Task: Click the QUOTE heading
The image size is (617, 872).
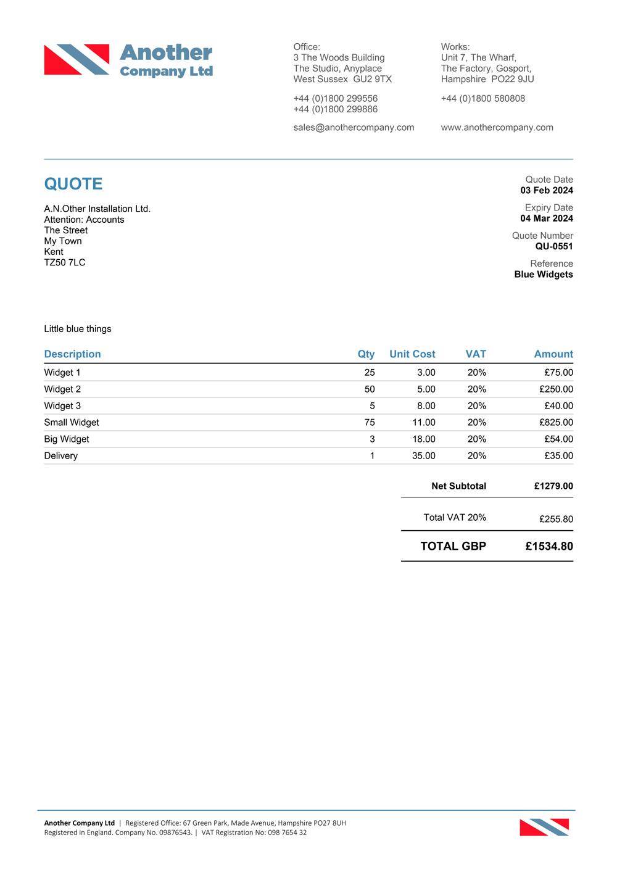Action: tap(73, 184)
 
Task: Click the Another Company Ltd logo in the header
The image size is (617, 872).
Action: tap(128, 60)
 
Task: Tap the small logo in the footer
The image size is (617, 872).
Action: tap(544, 827)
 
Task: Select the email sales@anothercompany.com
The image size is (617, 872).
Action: tap(354, 128)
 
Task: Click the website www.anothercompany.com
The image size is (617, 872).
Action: tap(497, 128)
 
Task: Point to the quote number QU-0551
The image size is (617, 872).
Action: tap(553, 246)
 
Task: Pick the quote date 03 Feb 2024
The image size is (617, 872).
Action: tap(546, 191)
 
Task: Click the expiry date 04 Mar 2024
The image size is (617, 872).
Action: tap(546, 218)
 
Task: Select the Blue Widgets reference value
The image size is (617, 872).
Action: tap(543, 275)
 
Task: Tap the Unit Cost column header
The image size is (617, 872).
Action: tap(412, 354)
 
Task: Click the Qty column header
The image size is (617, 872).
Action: tap(366, 354)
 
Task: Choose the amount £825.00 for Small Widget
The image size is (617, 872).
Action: tap(555, 423)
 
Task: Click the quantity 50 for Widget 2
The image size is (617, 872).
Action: tap(370, 389)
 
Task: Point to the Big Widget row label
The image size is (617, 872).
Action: tap(67, 439)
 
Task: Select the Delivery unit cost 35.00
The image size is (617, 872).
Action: tap(423, 456)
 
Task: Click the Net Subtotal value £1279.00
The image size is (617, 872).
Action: tap(553, 486)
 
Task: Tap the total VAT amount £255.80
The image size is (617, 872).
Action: tap(555, 519)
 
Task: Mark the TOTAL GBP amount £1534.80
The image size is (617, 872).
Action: tap(549, 546)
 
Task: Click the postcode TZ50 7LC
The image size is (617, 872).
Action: tap(65, 263)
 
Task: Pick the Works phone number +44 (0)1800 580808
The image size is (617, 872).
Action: tap(482, 99)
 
